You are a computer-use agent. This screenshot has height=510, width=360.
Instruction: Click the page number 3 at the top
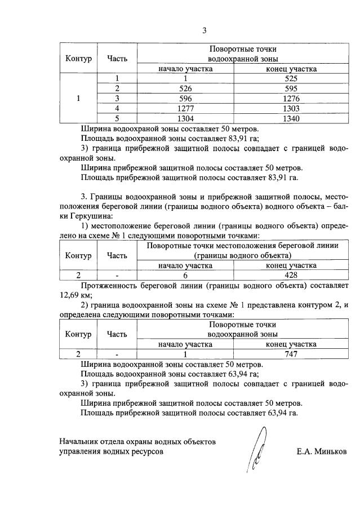205,30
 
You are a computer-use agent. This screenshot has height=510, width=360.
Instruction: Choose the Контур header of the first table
78,59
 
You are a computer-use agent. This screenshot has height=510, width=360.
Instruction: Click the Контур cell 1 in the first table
78,99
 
